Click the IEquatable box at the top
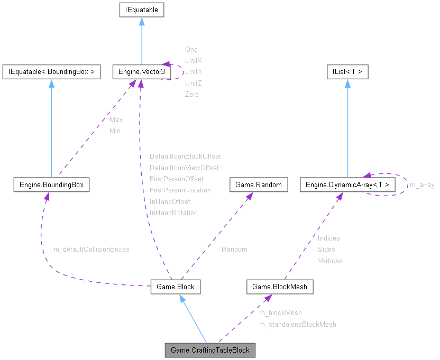[141, 10]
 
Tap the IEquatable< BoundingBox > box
[51, 71]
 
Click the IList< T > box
[347, 71]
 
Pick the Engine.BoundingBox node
[51, 184]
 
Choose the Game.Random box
[259, 184]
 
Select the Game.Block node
[176, 287]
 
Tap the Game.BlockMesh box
[280, 287]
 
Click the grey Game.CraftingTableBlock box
[210, 350]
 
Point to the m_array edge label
[422, 185]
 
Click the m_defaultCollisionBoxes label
[91, 249]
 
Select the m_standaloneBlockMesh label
[297, 324]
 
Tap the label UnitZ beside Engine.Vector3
[194, 83]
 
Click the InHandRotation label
[173, 213]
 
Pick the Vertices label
[330, 261]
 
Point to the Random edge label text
[234, 249]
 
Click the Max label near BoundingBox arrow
[116, 120]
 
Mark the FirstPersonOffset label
[176, 179]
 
